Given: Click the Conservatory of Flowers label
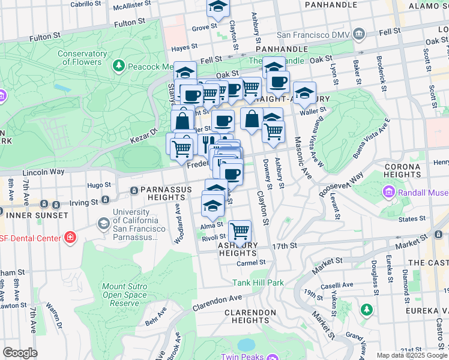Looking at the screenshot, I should pyautogui.click(x=82, y=58).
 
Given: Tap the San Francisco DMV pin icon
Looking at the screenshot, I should pyautogui.click(x=359, y=33).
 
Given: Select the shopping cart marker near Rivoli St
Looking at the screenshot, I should pyautogui.click(x=240, y=230).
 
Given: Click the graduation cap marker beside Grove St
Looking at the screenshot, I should pyautogui.click(x=218, y=8).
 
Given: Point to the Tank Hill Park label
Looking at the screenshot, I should pyautogui.click(x=258, y=283).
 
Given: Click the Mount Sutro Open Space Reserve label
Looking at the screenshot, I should pyautogui.click(x=124, y=295).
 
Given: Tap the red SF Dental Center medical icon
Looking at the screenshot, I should pyautogui.click(x=71, y=238).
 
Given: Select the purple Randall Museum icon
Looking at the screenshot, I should pyautogui.click(x=388, y=193).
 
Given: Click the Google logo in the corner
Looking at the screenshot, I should pyautogui.click(x=20, y=353).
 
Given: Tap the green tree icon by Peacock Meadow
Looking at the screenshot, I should pyautogui.click(x=119, y=64).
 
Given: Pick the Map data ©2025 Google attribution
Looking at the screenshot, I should pyautogui.click(x=411, y=355).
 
